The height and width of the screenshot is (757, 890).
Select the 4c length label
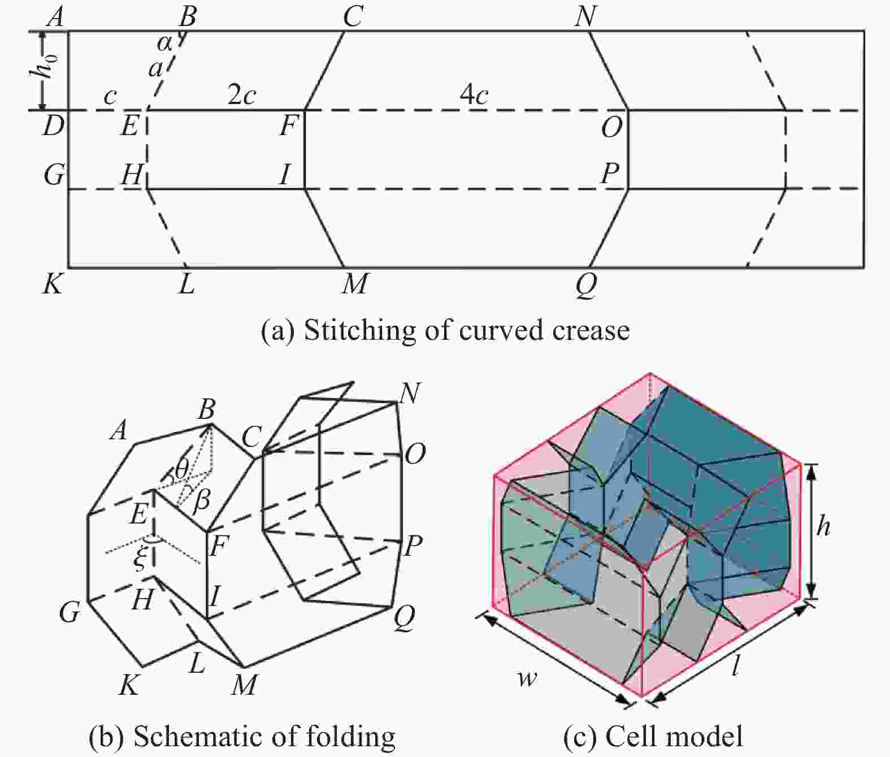[474, 95]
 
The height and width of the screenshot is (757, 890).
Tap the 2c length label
[241, 95]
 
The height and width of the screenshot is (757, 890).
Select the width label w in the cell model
[527, 678]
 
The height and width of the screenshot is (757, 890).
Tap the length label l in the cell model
[736, 667]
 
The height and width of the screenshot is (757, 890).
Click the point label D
[53, 126]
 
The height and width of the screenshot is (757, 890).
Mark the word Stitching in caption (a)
[360, 331]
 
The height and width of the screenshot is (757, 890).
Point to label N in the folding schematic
[410, 393]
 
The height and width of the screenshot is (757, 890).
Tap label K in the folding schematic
[129, 684]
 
